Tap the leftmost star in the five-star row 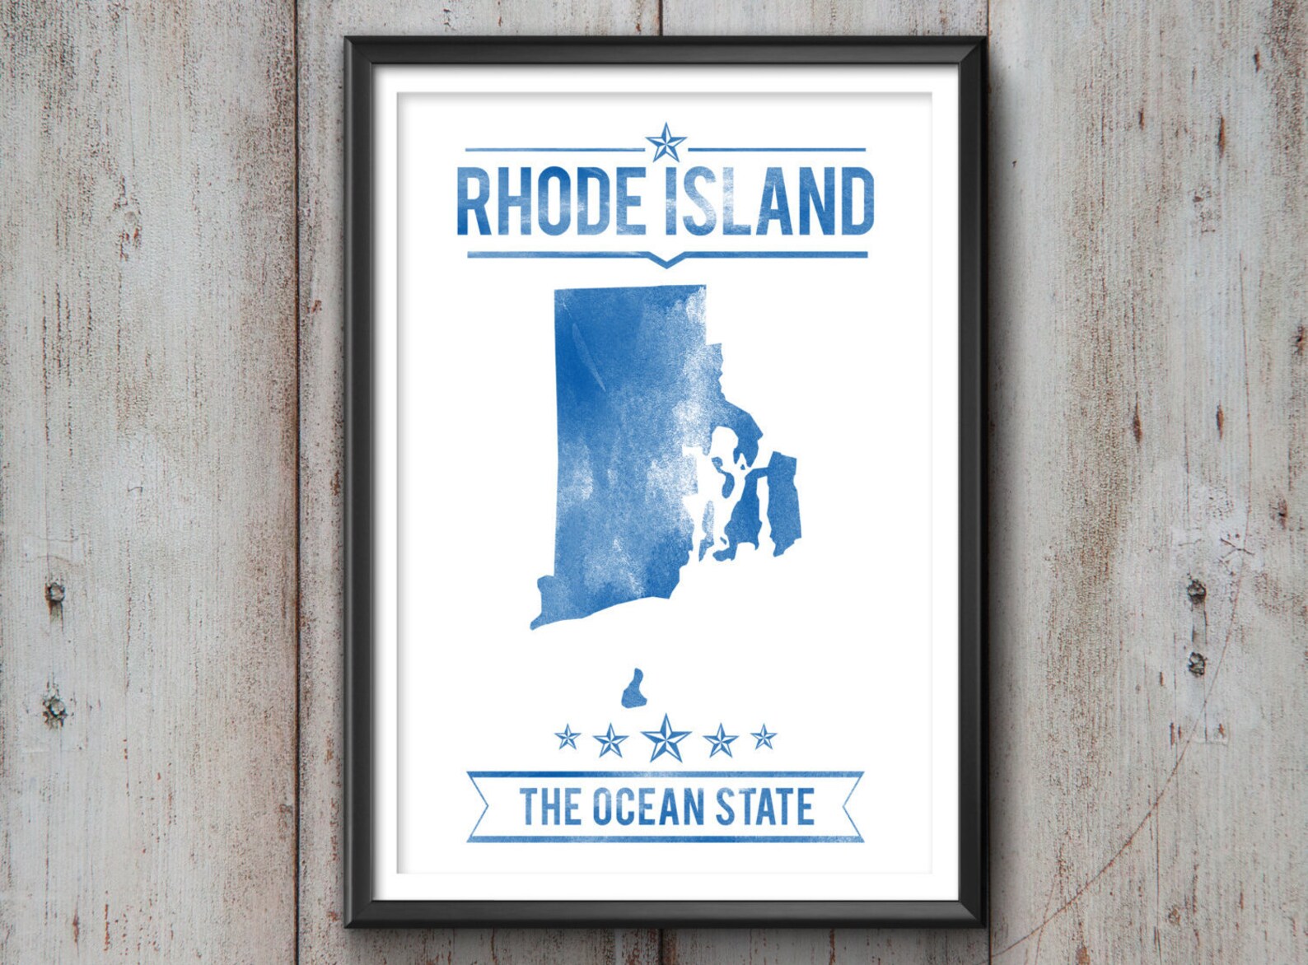(568, 736)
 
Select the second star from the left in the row (610, 741)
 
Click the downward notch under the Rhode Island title (666, 263)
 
